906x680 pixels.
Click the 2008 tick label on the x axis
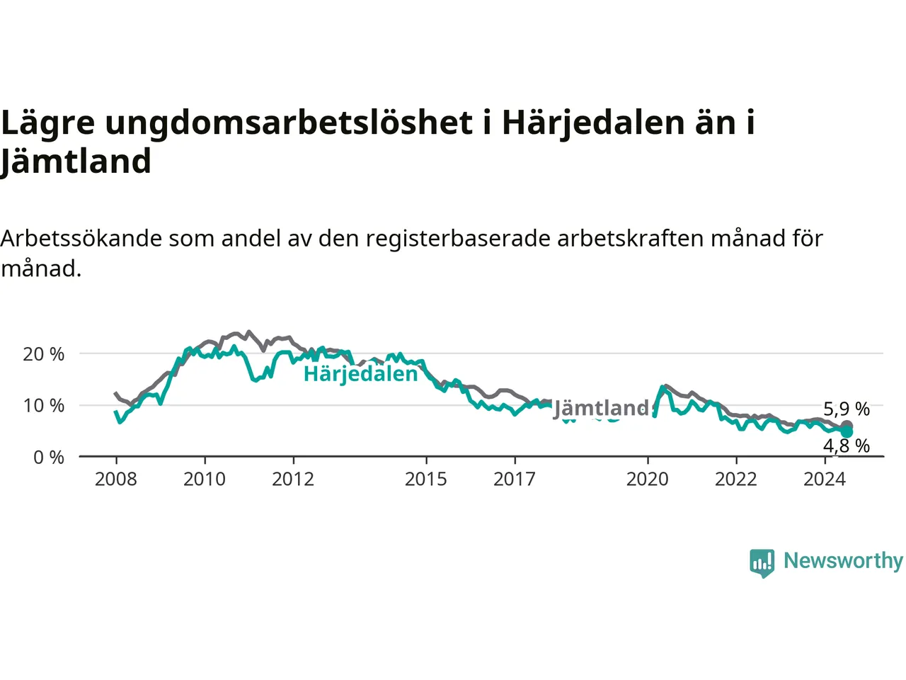click(115, 480)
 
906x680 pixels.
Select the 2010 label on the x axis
click(205, 480)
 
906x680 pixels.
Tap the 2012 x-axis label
click(293, 480)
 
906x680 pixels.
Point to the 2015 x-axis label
click(426, 480)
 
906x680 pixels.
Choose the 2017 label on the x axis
click(515, 480)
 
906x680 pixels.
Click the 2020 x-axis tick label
click(647, 480)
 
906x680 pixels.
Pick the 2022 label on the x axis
click(736, 480)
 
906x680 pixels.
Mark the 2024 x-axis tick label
click(825, 480)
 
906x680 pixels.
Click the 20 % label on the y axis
click(44, 354)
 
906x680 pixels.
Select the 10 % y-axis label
click(44, 406)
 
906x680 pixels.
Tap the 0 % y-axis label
click(49, 458)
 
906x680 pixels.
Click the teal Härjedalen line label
click(361, 375)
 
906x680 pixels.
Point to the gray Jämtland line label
click(601, 408)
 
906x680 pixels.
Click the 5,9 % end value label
click(847, 409)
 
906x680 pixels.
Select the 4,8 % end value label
click(847, 446)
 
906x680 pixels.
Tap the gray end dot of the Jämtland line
click(847, 425)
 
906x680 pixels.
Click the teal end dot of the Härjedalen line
click(847, 432)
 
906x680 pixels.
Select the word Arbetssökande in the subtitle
click(81, 239)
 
